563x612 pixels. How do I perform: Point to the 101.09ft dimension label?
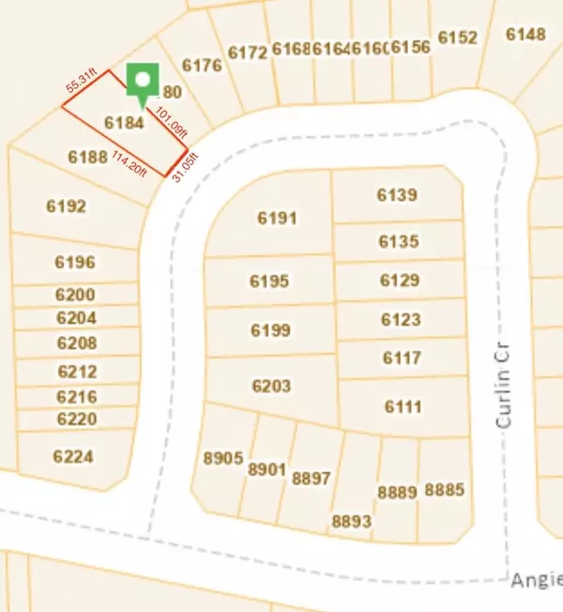click(172, 121)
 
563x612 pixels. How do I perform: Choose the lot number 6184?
click(124, 123)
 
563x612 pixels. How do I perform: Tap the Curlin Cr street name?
click(506, 385)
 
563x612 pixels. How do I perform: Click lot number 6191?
click(277, 219)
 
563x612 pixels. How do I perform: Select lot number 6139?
click(397, 195)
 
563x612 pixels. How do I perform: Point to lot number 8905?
click(222, 459)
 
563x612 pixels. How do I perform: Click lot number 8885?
click(444, 490)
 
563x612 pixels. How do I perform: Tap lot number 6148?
click(525, 35)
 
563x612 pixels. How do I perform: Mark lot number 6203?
click(271, 386)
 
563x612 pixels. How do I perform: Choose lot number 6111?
click(403, 406)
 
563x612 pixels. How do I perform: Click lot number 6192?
click(66, 206)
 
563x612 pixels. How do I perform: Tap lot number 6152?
click(457, 38)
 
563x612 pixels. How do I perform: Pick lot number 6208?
click(77, 343)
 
